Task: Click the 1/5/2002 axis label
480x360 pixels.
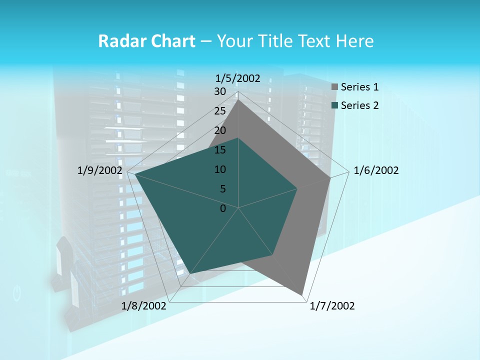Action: click(237, 78)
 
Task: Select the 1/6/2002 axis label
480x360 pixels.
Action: click(376, 171)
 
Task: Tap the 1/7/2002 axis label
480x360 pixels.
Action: click(332, 306)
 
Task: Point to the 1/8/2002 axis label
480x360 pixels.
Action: click(144, 306)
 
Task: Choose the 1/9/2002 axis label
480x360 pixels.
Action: click(99, 171)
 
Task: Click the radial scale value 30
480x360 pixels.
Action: click(220, 91)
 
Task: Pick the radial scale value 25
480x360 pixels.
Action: click(220, 111)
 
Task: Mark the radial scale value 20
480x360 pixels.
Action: click(220, 130)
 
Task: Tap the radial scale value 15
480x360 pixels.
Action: click(220, 150)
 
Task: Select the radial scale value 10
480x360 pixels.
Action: click(220, 169)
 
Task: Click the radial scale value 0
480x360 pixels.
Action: click(223, 208)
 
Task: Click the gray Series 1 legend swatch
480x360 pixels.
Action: click(334, 87)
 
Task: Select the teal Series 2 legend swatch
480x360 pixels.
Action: click(334, 105)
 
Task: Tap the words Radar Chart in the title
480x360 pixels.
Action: click(146, 41)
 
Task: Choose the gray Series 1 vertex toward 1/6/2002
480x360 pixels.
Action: click(330, 178)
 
